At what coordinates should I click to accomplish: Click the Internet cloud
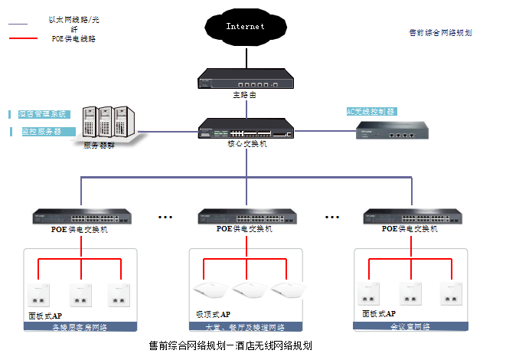[245, 28]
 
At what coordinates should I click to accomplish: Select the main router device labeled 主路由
[245, 79]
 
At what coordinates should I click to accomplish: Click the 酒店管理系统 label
[44, 114]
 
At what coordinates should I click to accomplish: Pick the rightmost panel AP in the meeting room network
[451, 293]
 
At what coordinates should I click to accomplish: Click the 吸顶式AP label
[213, 314]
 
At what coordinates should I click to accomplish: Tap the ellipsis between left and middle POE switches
[165, 217]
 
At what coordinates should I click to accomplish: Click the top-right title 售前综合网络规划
[440, 33]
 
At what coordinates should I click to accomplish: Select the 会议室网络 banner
[410, 326]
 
